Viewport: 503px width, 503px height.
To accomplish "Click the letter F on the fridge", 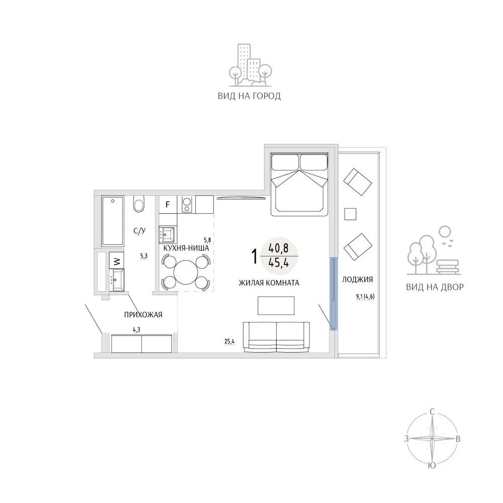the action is (x=167, y=204).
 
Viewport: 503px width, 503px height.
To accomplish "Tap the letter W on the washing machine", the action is (x=117, y=262).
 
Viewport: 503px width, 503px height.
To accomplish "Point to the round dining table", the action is (x=185, y=272).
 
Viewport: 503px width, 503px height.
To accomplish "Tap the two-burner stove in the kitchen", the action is (x=187, y=205).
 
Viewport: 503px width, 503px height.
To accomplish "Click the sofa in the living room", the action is (x=276, y=337).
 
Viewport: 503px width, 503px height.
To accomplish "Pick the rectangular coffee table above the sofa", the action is (x=276, y=305).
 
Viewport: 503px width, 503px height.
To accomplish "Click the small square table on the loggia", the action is (x=350, y=214).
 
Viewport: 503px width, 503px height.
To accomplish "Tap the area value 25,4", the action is (x=229, y=342).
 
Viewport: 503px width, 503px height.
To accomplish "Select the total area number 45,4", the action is (x=279, y=263).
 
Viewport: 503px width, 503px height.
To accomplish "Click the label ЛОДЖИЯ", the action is (x=357, y=279).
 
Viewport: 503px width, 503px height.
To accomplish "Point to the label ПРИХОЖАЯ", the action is (x=143, y=315).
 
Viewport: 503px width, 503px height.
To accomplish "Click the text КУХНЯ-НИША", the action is (x=186, y=248).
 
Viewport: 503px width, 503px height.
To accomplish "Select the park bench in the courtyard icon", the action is (x=449, y=267).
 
